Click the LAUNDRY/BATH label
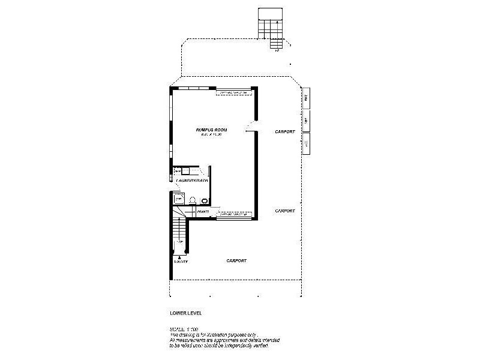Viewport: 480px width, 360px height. point(192,180)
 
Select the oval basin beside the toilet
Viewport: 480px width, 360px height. point(205,201)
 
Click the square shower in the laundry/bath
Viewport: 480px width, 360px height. point(178,199)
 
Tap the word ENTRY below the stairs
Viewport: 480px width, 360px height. point(181,262)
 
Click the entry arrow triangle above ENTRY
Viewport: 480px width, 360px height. point(181,256)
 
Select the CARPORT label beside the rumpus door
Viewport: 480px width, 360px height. point(284,131)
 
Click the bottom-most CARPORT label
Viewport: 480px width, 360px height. point(237,260)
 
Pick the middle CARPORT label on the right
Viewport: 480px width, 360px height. point(284,211)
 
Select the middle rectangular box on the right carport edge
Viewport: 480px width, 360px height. point(305,120)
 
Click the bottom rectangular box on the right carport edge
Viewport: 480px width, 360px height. point(305,143)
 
